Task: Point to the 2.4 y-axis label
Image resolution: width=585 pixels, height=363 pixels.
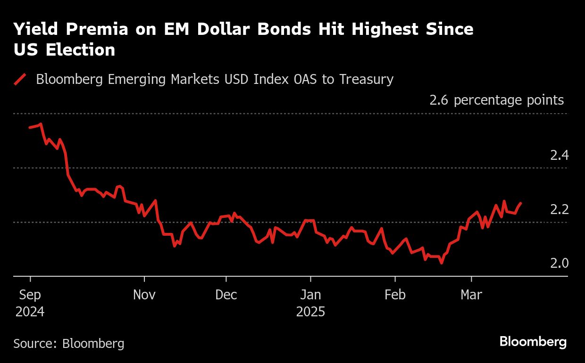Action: coord(560,155)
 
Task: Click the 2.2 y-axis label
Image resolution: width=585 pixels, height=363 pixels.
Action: coord(560,209)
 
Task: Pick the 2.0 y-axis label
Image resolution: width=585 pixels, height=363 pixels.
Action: coord(560,263)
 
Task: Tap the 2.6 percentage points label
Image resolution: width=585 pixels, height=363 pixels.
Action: coord(496,100)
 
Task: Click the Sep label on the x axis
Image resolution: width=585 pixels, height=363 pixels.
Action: coord(30,295)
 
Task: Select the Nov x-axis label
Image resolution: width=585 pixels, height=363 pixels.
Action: coord(144,295)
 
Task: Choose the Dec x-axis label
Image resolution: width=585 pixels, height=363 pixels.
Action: coord(226,295)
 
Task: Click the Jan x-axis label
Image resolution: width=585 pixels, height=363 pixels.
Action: coord(310,295)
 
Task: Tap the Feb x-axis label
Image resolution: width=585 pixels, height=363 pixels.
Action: coord(395,295)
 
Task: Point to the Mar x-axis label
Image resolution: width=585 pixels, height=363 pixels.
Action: coord(471,295)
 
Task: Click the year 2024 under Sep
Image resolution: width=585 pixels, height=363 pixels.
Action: coord(30,312)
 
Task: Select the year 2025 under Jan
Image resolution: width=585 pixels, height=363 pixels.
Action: coord(310,312)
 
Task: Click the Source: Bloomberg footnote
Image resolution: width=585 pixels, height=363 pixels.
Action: coord(69,343)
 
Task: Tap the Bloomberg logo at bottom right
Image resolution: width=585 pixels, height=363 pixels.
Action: coord(533,342)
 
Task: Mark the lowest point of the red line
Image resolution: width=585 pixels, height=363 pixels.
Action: coord(442,263)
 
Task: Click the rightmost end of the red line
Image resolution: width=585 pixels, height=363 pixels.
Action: coord(521,203)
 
